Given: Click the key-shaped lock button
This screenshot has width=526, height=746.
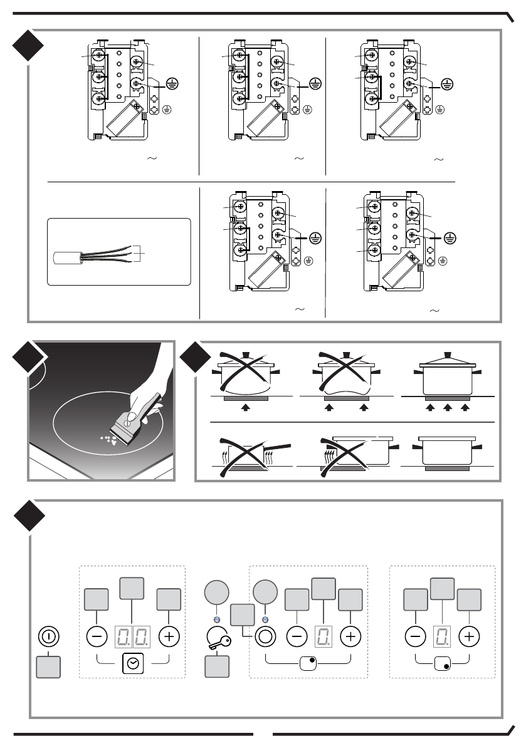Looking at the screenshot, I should (216, 638).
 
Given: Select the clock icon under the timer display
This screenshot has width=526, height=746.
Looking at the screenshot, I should (133, 663).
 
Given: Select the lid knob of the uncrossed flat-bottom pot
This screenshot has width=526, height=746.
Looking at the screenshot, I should (447, 351).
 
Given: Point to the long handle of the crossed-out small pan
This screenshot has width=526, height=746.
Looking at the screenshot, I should (281, 446).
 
